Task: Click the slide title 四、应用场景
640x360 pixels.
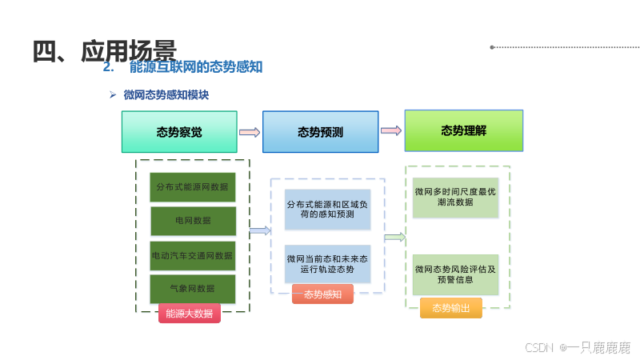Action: click(104, 50)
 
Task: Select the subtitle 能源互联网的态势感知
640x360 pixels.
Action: click(195, 68)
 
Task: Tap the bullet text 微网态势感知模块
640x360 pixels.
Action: click(166, 95)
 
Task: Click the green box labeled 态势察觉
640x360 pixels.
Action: click(179, 132)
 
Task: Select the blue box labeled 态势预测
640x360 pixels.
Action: click(320, 132)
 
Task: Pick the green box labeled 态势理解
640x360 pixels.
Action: click(463, 130)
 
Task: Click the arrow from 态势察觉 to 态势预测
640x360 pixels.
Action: click(250, 133)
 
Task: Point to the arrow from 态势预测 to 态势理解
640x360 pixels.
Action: click(390, 130)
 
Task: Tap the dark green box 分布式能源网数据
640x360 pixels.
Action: click(193, 187)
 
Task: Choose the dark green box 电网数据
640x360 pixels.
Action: click(193, 221)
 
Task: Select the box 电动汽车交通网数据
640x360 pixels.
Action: click(193, 256)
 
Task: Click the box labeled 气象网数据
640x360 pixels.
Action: click(193, 289)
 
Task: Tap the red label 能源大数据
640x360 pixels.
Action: click(190, 314)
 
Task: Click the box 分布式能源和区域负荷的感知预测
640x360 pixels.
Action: click(328, 210)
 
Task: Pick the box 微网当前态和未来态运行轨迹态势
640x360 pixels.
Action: click(328, 265)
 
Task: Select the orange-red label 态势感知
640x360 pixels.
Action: click(322, 294)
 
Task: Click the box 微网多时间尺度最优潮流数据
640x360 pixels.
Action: click(455, 198)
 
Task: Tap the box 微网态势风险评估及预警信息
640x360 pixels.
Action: click(455, 274)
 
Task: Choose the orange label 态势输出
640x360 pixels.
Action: click(451, 308)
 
